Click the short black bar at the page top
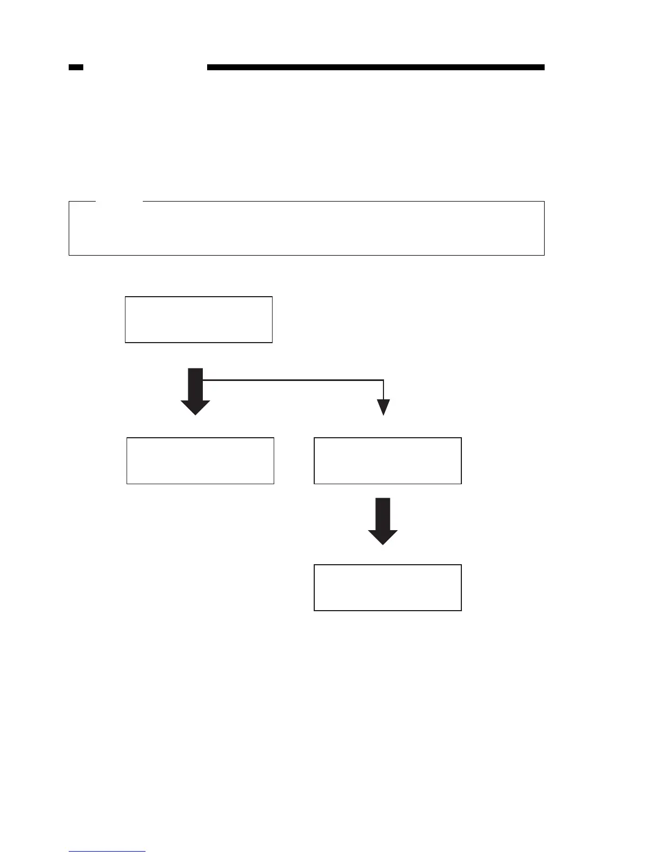76,68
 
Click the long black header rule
375,68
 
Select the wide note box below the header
306,228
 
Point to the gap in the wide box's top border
120,202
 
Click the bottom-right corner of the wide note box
544,255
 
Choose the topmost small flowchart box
198,319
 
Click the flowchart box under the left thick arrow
200,460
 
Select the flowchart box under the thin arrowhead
387,460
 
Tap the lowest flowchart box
387,587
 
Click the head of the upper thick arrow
195,407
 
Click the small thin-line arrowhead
383,407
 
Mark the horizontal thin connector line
292,380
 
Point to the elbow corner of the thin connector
383,380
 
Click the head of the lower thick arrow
383,537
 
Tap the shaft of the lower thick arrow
383,513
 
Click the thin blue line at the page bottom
107,851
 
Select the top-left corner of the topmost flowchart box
125,297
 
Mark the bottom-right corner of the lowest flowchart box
461,610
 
